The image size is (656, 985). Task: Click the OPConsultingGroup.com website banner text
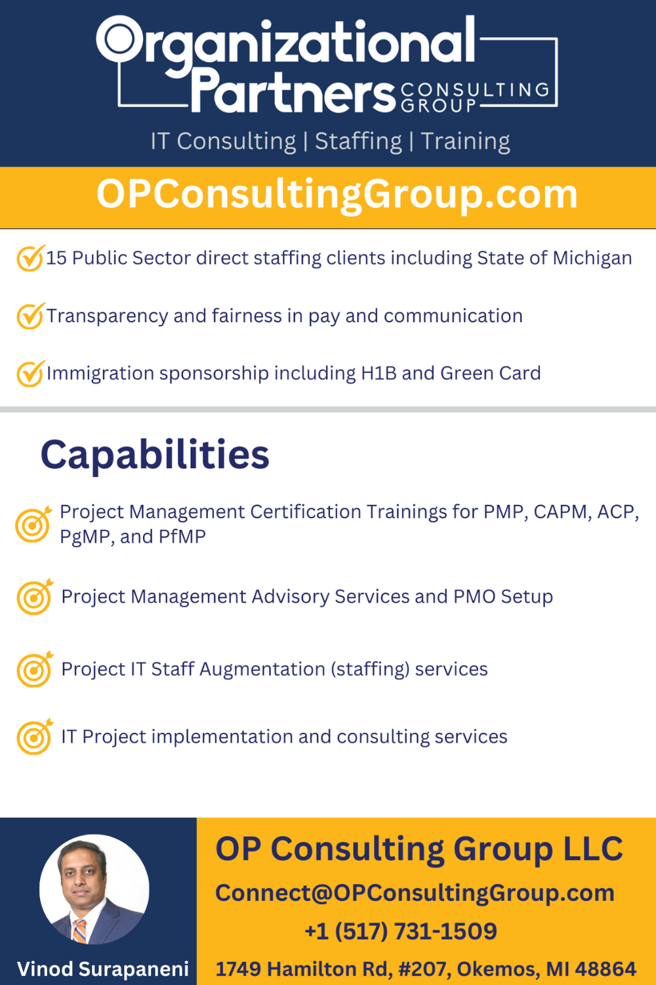pos(337,195)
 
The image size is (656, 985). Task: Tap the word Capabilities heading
pos(155,455)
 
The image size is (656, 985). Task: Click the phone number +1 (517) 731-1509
pos(401,931)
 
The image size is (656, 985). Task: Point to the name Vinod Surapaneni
pos(103,969)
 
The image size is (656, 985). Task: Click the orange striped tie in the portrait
pos(80,930)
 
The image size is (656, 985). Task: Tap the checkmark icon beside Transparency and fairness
pos(31,315)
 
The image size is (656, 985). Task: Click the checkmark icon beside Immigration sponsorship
pos(31,373)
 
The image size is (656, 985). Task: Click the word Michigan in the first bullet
pos(592,259)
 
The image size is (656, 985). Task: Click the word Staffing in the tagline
pos(358,142)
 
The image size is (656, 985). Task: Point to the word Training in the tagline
pos(465,142)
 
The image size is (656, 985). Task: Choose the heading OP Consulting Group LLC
pos(419,849)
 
